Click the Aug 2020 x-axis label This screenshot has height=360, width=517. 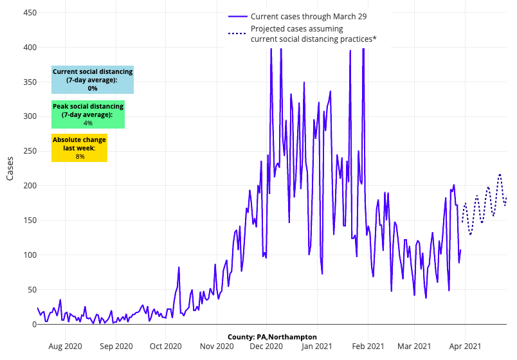pyautogui.click(x=66, y=346)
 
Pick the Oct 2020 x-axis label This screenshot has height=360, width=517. pyautogui.click(x=165, y=346)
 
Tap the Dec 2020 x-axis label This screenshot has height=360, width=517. pyautogui.click(x=266, y=346)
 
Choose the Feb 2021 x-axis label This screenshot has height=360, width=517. pyautogui.click(x=368, y=346)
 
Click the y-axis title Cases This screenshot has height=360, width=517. pyautogui.click(x=10, y=168)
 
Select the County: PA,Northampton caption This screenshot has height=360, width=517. pyautogui.click(x=272, y=337)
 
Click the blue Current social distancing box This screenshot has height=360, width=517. pyautogui.click(x=93, y=80)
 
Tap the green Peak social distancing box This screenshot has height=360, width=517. pyautogui.click(x=88, y=114)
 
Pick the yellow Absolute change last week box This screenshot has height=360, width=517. pyautogui.click(x=80, y=148)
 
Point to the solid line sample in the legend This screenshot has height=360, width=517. pyautogui.click(x=237, y=16)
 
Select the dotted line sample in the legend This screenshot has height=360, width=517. pyautogui.click(x=237, y=33)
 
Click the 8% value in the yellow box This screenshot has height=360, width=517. pyautogui.click(x=80, y=156)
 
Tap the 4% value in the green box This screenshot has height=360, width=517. pyautogui.click(x=88, y=123)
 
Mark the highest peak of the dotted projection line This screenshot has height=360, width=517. pyautogui.click(x=500, y=174)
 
